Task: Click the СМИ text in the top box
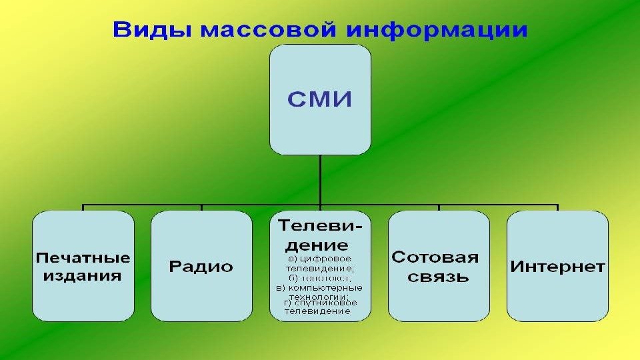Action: click(x=319, y=101)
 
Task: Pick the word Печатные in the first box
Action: click(x=83, y=257)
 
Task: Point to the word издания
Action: click(x=83, y=275)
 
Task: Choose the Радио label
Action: click(x=201, y=267)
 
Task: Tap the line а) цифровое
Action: click(x=319, y=258)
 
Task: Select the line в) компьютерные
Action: click(x=319, y=287)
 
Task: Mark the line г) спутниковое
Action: click(x=320, y=303)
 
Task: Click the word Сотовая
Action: click(x=435, y=257)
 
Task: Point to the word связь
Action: click(x=438, y=276)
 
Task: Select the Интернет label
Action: click(x=557, y=267)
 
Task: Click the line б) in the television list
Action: click(x=320, y=277)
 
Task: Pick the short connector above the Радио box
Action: click(x=202, y=207)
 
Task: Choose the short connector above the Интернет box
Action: click(x=557, y=207)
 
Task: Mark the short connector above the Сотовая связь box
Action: click(x=439, y=207)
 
